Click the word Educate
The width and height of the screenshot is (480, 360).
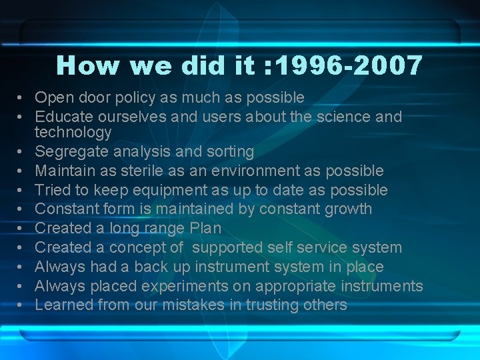pos(61,117)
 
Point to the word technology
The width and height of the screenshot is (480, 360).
pos(73,133)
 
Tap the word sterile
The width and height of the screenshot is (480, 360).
pos(136,171)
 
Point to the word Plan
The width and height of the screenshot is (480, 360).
pos(205,228)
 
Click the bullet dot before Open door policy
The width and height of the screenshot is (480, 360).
pos(22,98)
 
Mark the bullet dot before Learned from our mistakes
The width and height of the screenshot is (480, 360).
pos(22,305)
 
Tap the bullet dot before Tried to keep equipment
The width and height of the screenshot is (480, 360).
pos(22,191)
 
